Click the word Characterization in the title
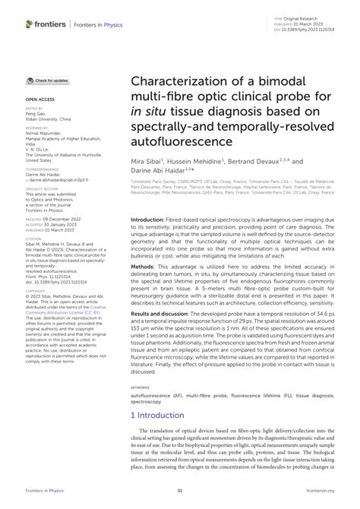(x=179, y=81)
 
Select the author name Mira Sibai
(x=147, y=161)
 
